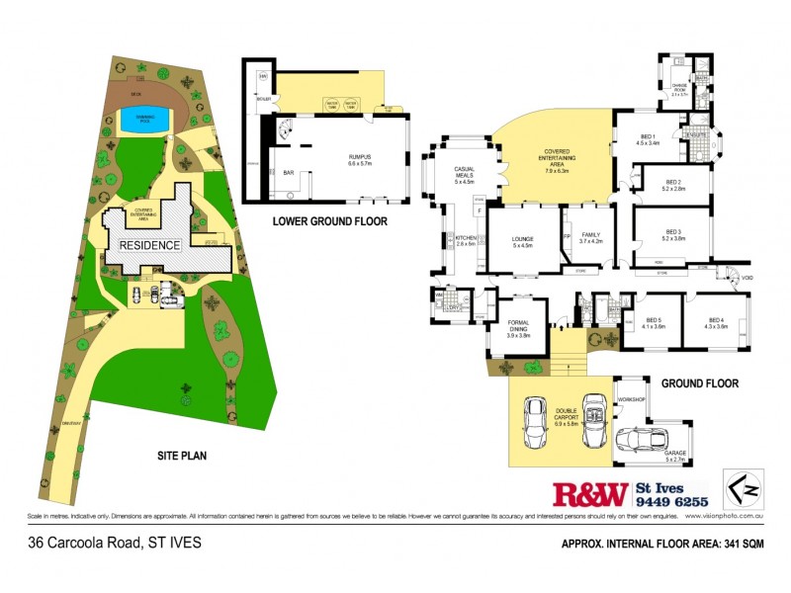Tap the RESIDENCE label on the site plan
[x=150, y=245]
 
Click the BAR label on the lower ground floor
[x=290, y=172]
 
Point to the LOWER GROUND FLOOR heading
[x=329, y=221]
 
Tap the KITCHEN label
[x=466, y=239]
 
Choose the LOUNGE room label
[x=522, y=241]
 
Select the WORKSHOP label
[x=631, y=399]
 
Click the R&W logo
[x=588, y=493]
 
